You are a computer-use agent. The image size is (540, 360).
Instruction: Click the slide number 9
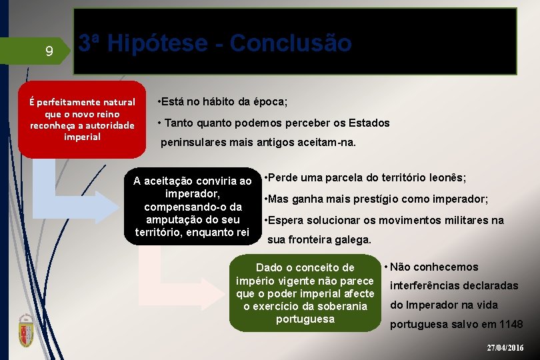coord(49,51)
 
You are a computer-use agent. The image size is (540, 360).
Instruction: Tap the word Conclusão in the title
coord(289,43)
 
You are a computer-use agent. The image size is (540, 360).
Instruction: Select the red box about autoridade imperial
coord(82,119)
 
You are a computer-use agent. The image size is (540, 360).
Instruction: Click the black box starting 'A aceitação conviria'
coord(193,207)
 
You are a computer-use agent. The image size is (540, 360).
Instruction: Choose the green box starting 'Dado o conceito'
coord(305,293)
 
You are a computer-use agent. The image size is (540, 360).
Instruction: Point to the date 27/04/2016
coord(505,348)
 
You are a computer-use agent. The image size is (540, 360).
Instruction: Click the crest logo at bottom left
coord(26,329)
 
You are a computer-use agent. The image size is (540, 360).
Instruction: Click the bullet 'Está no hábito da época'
coord(222,102)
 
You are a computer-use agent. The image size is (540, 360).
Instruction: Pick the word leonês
coord(448,178)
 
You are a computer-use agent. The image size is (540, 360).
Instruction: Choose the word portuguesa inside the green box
coord(305,319)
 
